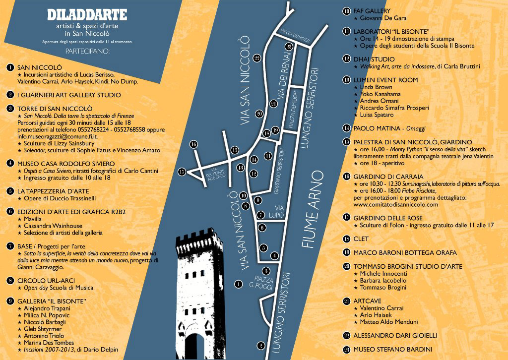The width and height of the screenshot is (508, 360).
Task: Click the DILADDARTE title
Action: [87, 15]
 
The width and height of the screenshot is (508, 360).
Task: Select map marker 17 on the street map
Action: [182, 172]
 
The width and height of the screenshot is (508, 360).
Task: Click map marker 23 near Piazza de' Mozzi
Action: [289, 46]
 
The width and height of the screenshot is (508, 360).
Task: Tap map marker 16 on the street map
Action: [193, 144]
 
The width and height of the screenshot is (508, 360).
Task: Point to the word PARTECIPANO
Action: [87, 51]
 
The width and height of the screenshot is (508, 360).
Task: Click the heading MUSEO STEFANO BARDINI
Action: [392, 350]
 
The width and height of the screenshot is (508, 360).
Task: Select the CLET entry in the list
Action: [361, 239]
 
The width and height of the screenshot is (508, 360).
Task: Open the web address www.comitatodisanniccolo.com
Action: [395, 204]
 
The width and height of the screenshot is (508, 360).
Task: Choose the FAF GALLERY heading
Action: [372, 11]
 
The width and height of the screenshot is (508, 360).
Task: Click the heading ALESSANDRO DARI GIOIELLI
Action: [395, 335]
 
